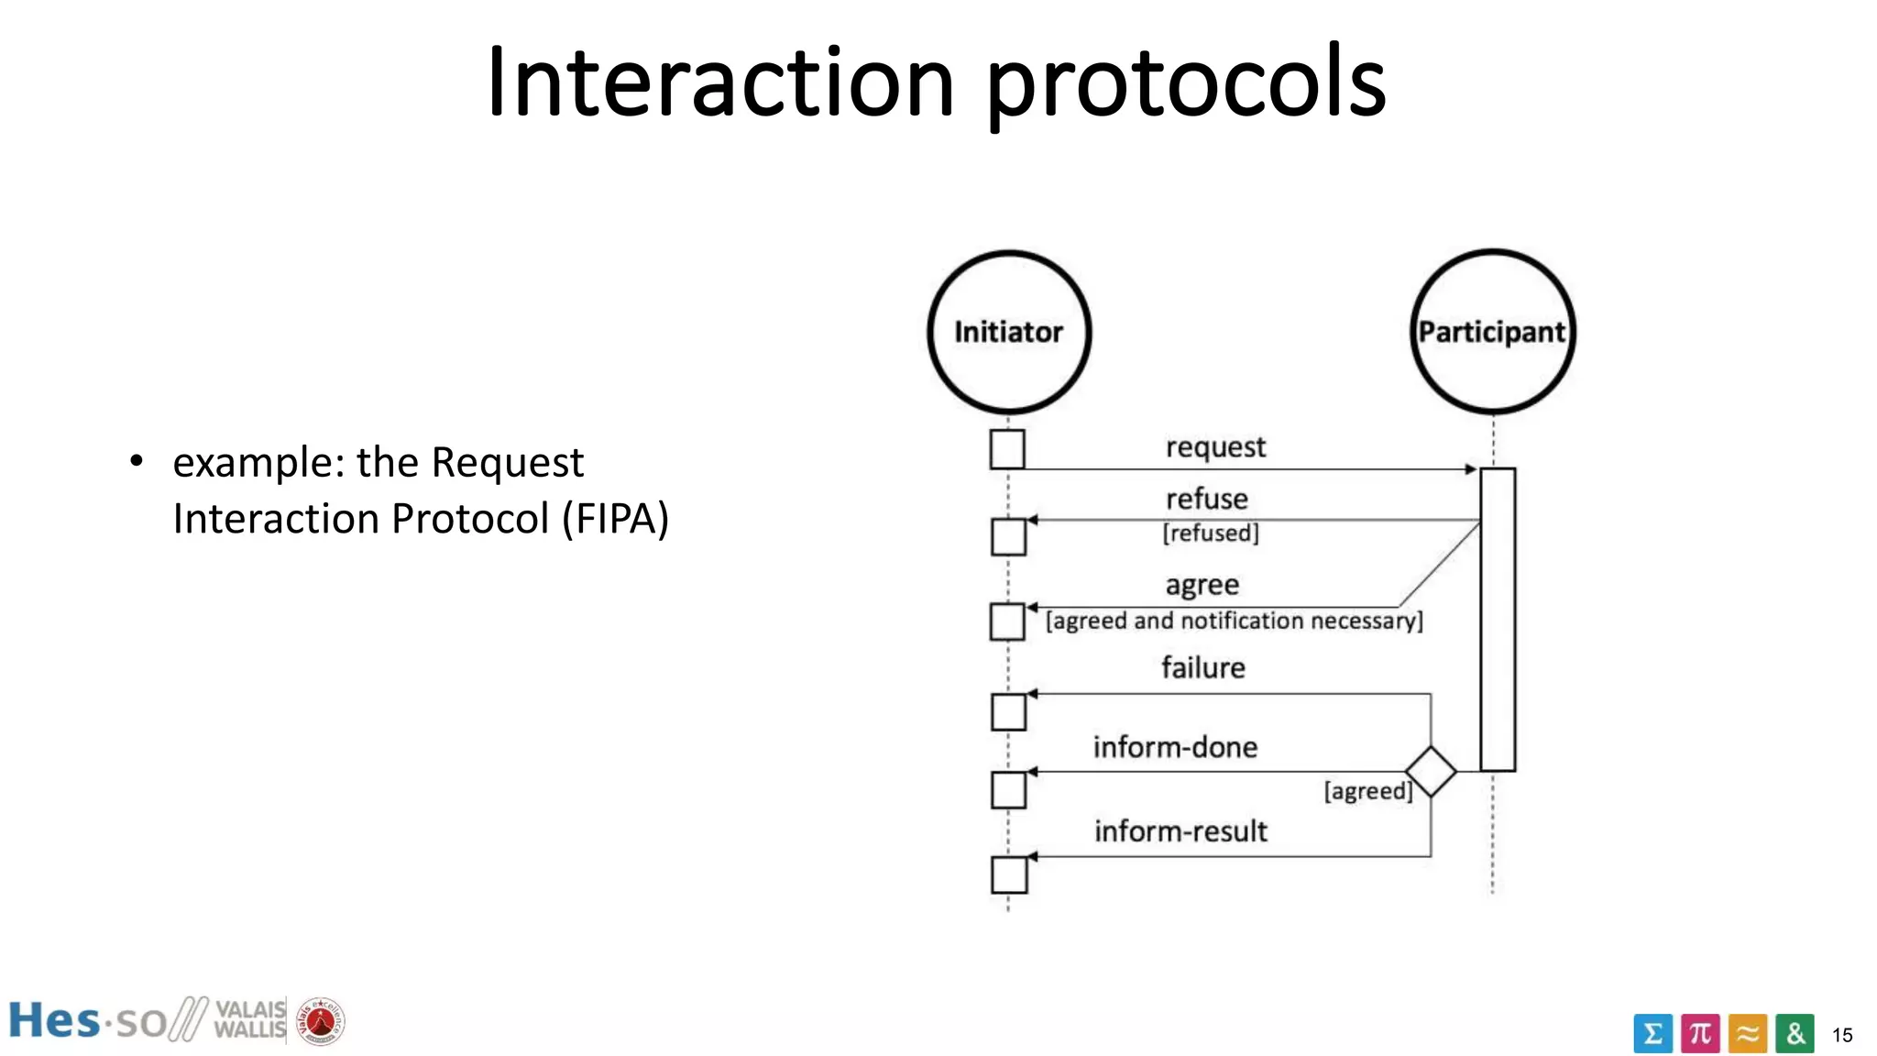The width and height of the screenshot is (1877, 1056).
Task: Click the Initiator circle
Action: tap(1009, 332)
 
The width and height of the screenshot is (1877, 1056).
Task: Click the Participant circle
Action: tap(1492, 332)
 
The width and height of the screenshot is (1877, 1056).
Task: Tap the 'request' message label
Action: tap(1215, 447)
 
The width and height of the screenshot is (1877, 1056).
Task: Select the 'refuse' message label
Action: tap(1207, 500)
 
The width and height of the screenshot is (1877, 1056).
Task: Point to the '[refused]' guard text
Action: tap(1211, 533)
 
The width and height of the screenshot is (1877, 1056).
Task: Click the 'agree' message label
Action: tap(1202, 585)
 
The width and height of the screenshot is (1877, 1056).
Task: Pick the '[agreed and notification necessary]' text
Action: tap(1235, 621)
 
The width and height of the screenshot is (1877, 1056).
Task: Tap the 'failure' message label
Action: tap(1203, 668)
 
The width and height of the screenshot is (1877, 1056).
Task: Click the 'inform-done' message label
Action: tap(1175, 748)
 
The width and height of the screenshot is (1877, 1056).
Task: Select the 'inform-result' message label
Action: tap(1180, 831)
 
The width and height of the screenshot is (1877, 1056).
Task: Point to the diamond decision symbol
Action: tap(1431, 772)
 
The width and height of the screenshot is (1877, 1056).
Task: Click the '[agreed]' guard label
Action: tap(1368, 791)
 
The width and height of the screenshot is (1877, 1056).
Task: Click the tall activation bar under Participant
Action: tap(1498, 620)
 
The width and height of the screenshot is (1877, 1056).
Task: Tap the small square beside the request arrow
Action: tap(1007, 450)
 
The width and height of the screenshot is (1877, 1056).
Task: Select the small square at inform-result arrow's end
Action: tap(1009, 874)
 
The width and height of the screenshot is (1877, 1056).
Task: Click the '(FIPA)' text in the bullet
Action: tap(616, 519)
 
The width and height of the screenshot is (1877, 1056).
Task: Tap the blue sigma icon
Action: tap(1652, 1034)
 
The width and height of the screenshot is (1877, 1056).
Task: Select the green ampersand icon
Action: tap(1795, 1034)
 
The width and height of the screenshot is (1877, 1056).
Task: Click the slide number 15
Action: tap(1842, 1036)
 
